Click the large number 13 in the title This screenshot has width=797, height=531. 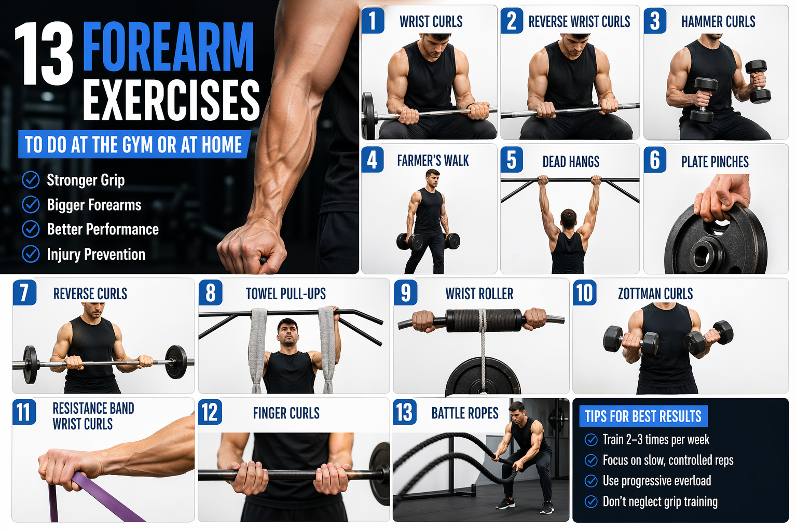click(44, 54)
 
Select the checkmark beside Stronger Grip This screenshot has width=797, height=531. click(31, 180)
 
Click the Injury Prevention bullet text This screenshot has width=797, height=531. click(96, 255)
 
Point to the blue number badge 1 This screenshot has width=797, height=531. click(373, 21)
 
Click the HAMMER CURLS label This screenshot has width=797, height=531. click(718, 22)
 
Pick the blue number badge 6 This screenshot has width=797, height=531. click(655, 160)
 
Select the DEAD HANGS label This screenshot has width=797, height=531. click(571, 162)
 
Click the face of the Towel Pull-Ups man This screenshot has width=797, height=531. click(287, 332)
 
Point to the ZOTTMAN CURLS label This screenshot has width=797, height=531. click(655, 294)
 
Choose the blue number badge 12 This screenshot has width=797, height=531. click(210, 412)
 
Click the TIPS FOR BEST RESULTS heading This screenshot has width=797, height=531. click(643, 416)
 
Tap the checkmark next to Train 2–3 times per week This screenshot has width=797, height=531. click(591, 440)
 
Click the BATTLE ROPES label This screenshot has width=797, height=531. click(465, 413)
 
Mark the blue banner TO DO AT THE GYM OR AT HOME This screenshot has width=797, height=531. click(133, 145)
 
